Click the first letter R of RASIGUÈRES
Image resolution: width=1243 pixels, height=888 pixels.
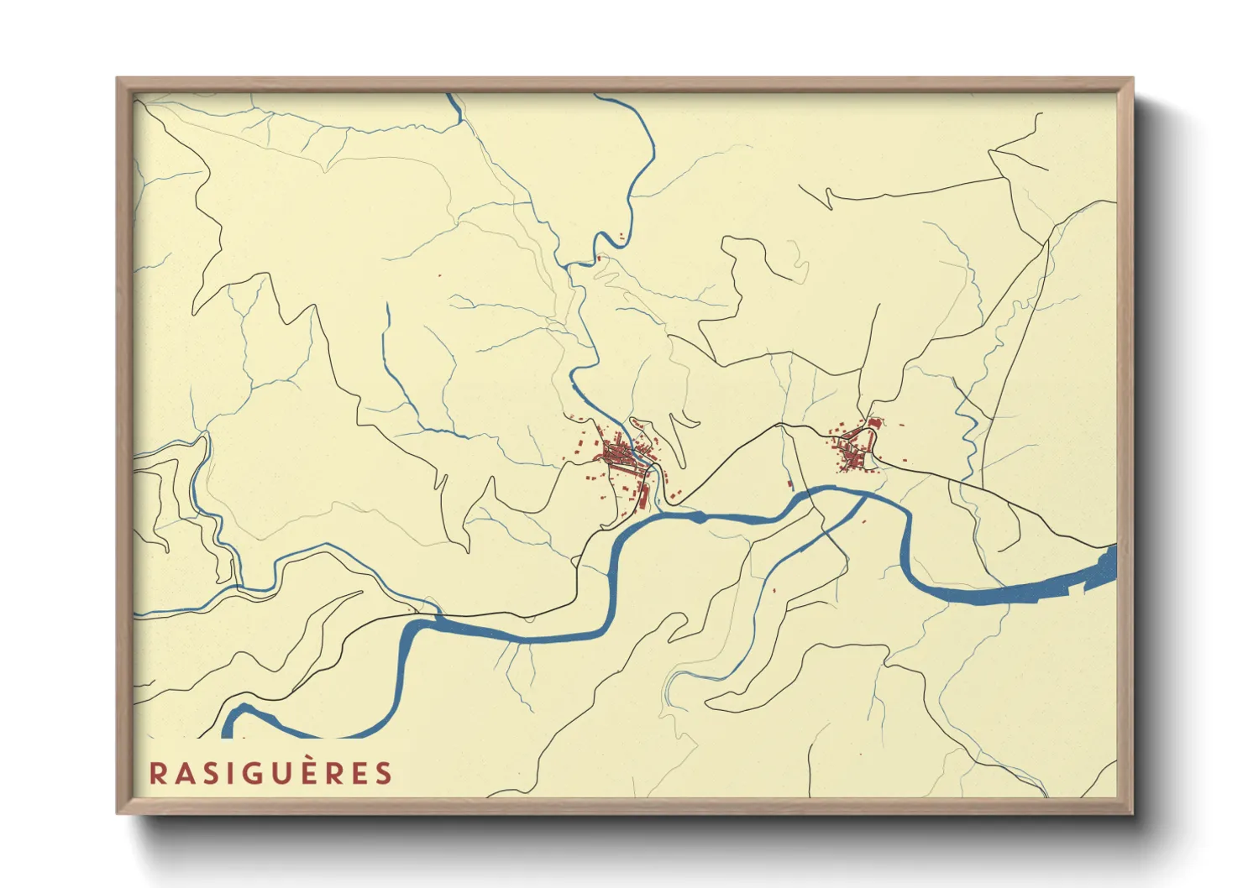(157, 773)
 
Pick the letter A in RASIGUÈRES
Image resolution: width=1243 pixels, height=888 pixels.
(182, 773)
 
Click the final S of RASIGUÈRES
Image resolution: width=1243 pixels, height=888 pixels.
(384, 773)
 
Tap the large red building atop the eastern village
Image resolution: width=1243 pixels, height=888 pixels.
(873, 424)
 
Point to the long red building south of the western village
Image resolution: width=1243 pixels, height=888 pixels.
(644, 497)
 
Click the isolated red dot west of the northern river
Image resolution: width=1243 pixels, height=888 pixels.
(438, 275)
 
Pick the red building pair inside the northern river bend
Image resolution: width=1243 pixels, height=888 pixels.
(621, 237)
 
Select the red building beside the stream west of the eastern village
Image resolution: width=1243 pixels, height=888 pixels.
(789, 483)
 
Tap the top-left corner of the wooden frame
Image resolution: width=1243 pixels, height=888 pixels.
(118, 79)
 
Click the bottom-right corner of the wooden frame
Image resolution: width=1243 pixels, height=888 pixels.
(1133, 813)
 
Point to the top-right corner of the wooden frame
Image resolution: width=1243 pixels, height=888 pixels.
(1133, 79)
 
